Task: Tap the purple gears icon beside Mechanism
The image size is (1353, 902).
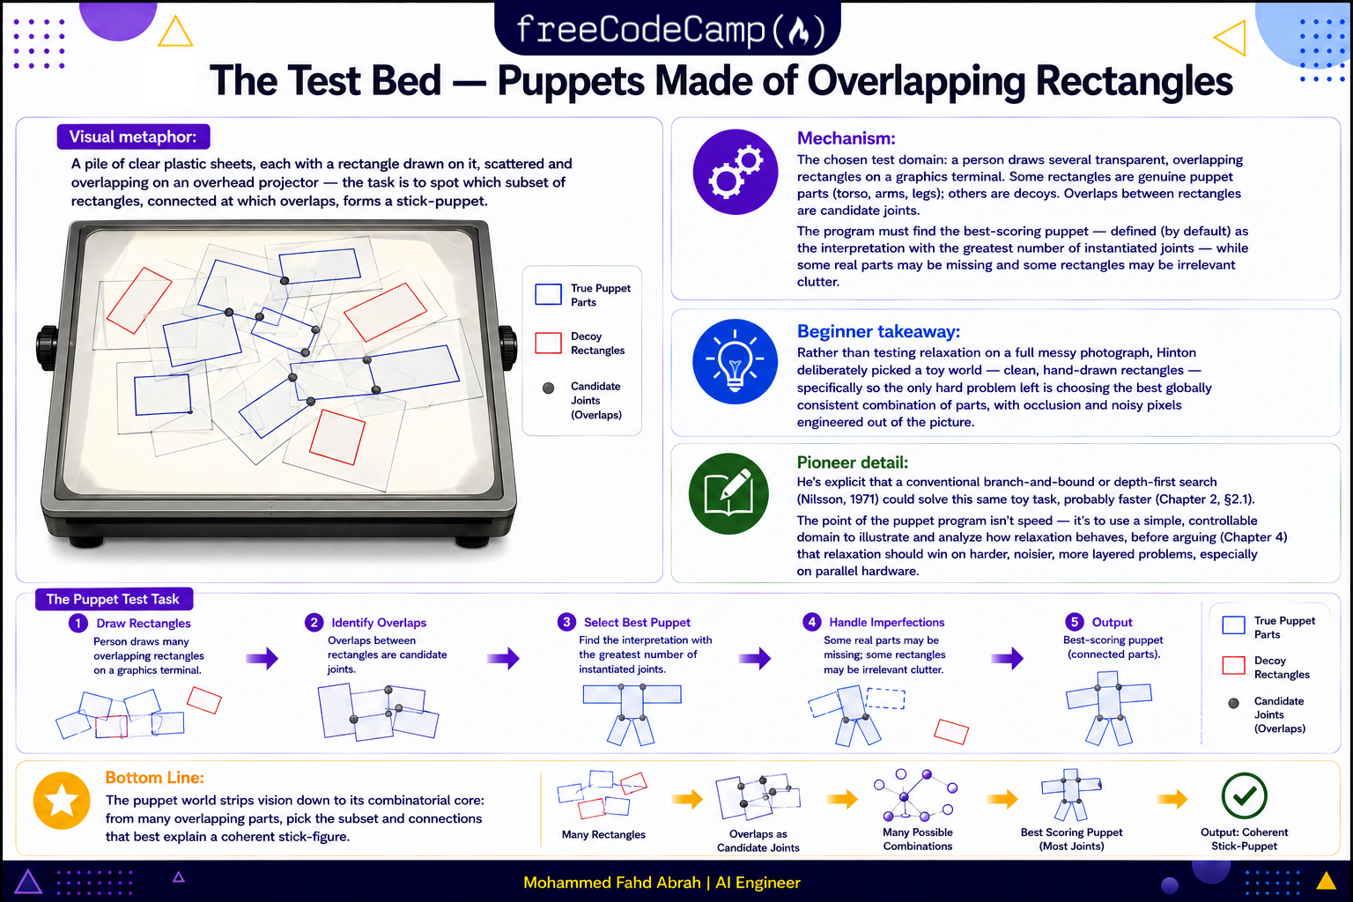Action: (736, 172)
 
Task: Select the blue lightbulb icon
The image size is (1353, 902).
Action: (736, 361)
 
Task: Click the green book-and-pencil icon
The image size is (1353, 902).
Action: (728, 493)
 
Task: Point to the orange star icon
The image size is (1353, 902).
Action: (62, 801)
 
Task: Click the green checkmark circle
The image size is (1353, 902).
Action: (1245, 795)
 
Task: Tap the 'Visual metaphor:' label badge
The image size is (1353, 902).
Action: (134, 137)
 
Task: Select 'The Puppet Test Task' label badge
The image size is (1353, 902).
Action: (114, 599)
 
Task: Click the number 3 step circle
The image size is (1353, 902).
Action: (566, 622)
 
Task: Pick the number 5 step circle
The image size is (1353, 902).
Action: (1074, 622)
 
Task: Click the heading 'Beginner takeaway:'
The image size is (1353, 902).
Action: (878, 331)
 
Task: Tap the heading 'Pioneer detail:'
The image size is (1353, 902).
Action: (853, 462)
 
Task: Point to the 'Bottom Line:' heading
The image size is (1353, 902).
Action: (155, 778)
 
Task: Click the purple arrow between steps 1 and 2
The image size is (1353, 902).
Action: (262, 658)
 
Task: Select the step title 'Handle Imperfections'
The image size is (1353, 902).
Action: (887, 622)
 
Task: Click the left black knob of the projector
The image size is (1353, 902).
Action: (47, 347)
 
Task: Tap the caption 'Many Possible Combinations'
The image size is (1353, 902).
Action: (918, 839)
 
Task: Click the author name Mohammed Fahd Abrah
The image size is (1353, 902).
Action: (612, 883)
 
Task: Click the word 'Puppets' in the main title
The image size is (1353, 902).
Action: (570, 81)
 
